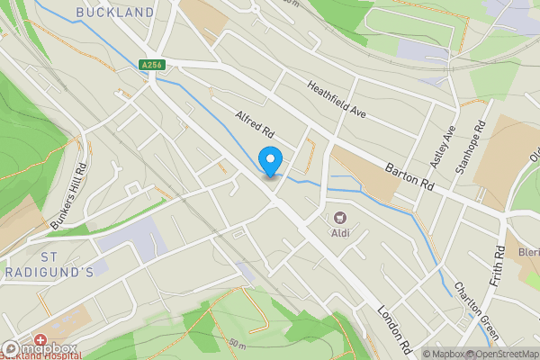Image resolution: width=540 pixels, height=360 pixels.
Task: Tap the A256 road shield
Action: tap(152, 65)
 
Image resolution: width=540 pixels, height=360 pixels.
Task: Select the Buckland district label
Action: tap(115, 13)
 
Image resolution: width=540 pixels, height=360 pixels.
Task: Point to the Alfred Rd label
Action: tap(255, 129)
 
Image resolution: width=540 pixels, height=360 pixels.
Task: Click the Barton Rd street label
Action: tap(409, 169)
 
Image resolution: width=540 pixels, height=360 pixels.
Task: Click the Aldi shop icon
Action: tap(340, 217)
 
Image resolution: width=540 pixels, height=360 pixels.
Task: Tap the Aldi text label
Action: tap(340, 234)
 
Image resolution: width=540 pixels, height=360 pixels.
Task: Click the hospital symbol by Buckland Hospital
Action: tap(42, 346)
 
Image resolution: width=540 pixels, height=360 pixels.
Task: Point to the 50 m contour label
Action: tap(237, 344)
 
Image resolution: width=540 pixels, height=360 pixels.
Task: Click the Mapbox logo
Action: tap(38, 349)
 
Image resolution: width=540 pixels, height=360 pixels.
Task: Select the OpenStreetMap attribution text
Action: tap(502, 354)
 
